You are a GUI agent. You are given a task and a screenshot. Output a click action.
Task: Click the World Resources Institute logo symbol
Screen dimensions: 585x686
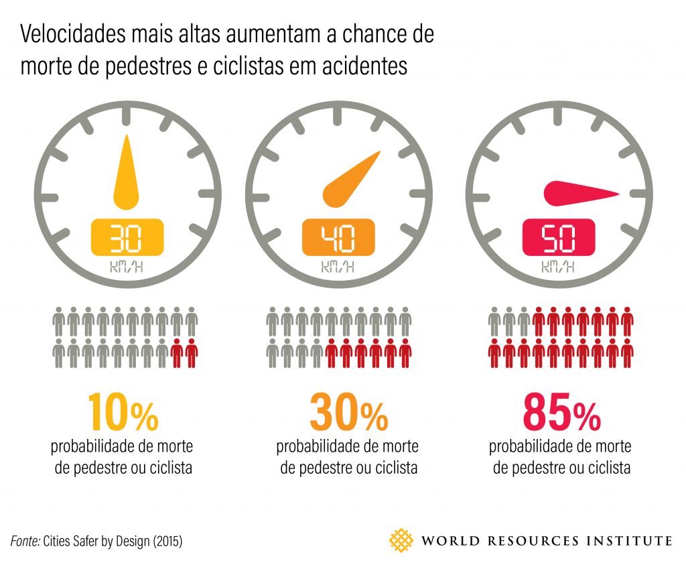(402, 539)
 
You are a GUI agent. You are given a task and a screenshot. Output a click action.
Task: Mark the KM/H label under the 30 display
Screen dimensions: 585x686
(127, 268)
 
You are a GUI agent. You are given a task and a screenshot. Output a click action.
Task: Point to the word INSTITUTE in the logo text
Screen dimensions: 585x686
(628, 540)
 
